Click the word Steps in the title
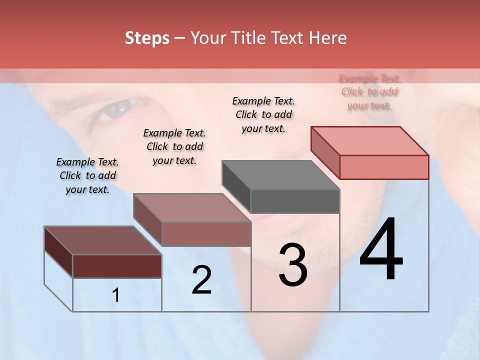[x=147, y=38]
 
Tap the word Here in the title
[x=327, y=38]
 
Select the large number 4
[x=381, y=250]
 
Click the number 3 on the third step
[x=293, y=265]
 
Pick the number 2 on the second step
[x=201, y=280]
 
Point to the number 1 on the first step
[x=116, y=295]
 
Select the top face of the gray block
[x=280, y=175]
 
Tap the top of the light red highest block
[x=370, y=140]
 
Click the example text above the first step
[x=87, y=175]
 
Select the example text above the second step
[x=174, y=146]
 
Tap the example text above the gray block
[x=263, y=114]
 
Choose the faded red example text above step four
[x=369, y=92]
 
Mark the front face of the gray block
[x=295, y=201]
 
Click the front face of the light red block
[x=384, y=167]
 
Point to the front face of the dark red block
[x=117, y=266]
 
